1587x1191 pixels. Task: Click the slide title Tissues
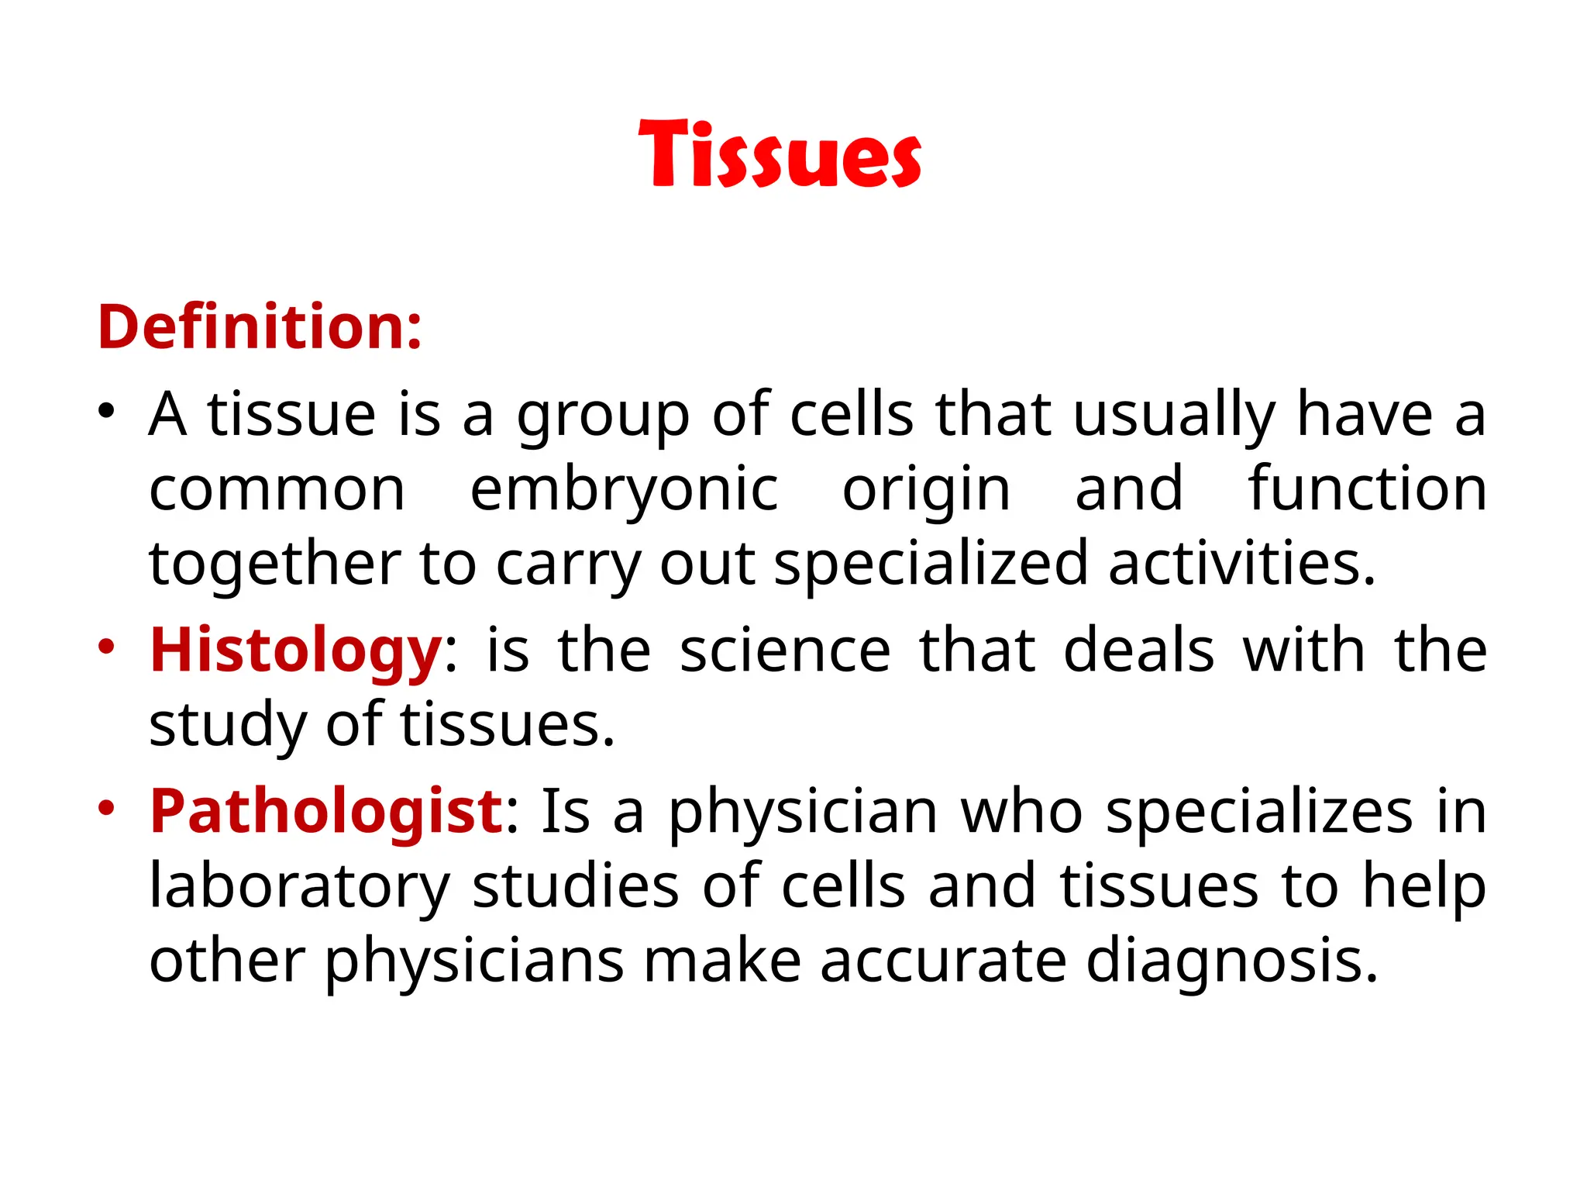pos(780,155)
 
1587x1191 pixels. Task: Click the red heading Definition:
pos(260,327)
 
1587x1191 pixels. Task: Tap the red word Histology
pos(295,650)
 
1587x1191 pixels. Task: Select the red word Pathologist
pos(326,811)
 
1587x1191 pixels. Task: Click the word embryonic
pos(624,490)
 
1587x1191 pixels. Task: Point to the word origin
pos(926,490)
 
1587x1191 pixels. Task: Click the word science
pos(785,650)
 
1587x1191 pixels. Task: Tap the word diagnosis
pos(1231,960)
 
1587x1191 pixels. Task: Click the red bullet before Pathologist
pos(106,807)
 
